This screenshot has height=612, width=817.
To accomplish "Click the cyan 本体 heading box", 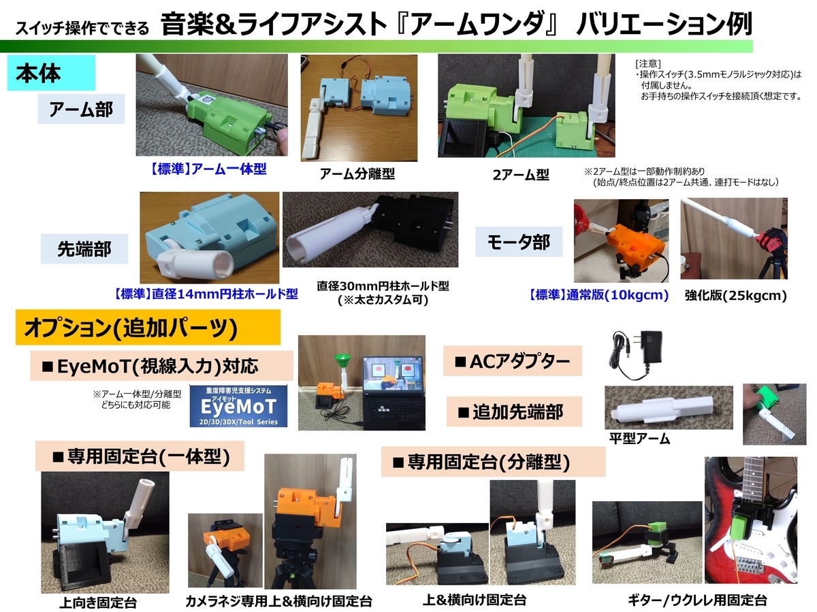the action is tap(51, 73).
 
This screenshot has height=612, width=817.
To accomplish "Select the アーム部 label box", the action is tap(81, 109).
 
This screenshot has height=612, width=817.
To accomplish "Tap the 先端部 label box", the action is tap(84, 249).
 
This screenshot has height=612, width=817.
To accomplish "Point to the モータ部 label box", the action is tap(519, 241).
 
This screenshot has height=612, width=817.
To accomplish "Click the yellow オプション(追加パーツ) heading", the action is tap(148, 327).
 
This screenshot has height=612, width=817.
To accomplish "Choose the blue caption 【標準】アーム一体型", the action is tap(208, 169).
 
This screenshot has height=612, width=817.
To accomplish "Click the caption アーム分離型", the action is tap(357, 173).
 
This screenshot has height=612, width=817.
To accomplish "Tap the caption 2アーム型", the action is tap(521, 174).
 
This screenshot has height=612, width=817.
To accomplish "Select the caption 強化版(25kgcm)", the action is tap(735, 295).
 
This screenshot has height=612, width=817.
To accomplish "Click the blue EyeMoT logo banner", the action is tap(238, 406).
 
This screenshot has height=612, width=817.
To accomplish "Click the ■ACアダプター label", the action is tap(513, 361).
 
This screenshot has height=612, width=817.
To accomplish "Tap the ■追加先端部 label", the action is tap(514, 411).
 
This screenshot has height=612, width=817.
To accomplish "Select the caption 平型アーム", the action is tap(639, 439).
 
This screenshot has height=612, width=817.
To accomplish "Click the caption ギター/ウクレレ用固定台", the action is tap(697, 600).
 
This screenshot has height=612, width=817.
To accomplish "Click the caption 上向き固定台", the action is tap(98, 602).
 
